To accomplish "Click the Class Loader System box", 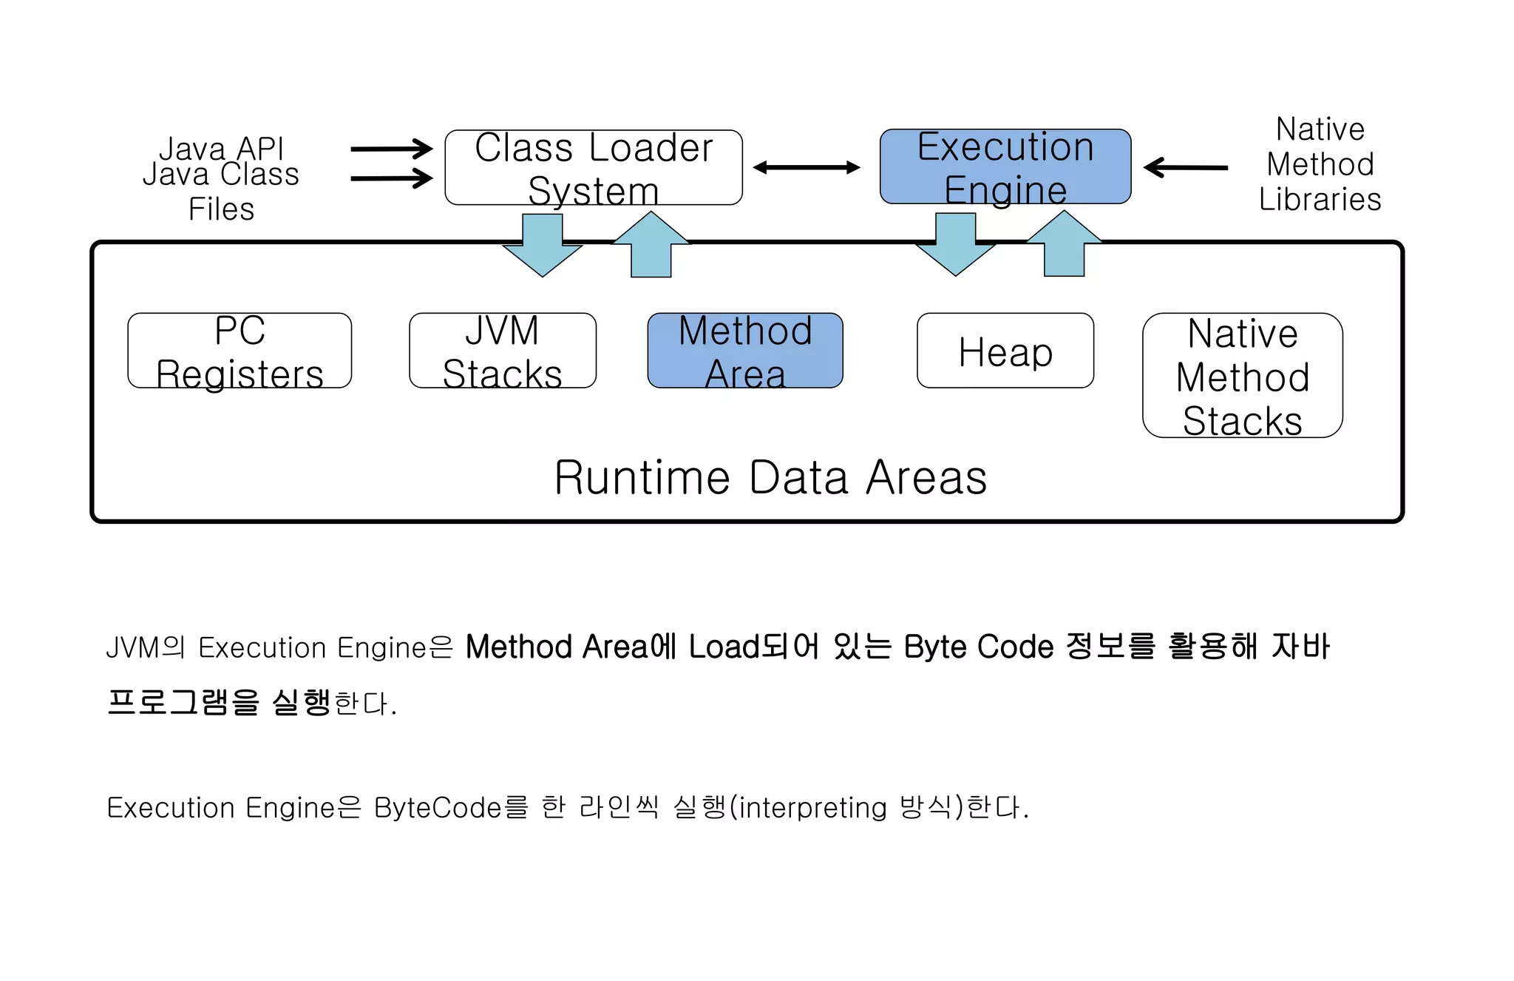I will click(x=593, y=168).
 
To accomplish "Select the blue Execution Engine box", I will click(x=1005, y=167).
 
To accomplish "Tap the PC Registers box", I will click(x=240, y=351).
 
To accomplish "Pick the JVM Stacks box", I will click(x=502, y=351).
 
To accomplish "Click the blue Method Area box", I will click(x=745, y=351).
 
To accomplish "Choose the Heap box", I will click(x=1005, y=351).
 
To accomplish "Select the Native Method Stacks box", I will click(x=1242, y=376).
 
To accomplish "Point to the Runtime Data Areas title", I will click(x=770, y=477).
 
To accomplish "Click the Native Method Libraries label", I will click(x=1320, y=164).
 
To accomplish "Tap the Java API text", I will click(x=221, y=149).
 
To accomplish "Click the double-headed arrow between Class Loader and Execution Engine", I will click(x=807, y=168).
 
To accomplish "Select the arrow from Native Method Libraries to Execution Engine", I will click(x=1186, y=168).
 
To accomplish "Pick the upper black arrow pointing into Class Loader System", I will click(x=391, y=149).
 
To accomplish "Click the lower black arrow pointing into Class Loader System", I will click(x=391, y=178).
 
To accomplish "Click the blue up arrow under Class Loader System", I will click(x=651, y=246).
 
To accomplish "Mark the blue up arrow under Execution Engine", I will click(x=1065, y=246).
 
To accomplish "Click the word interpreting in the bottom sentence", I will click(x=812, y=807).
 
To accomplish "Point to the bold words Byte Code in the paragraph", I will click(x=979, y=647).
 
